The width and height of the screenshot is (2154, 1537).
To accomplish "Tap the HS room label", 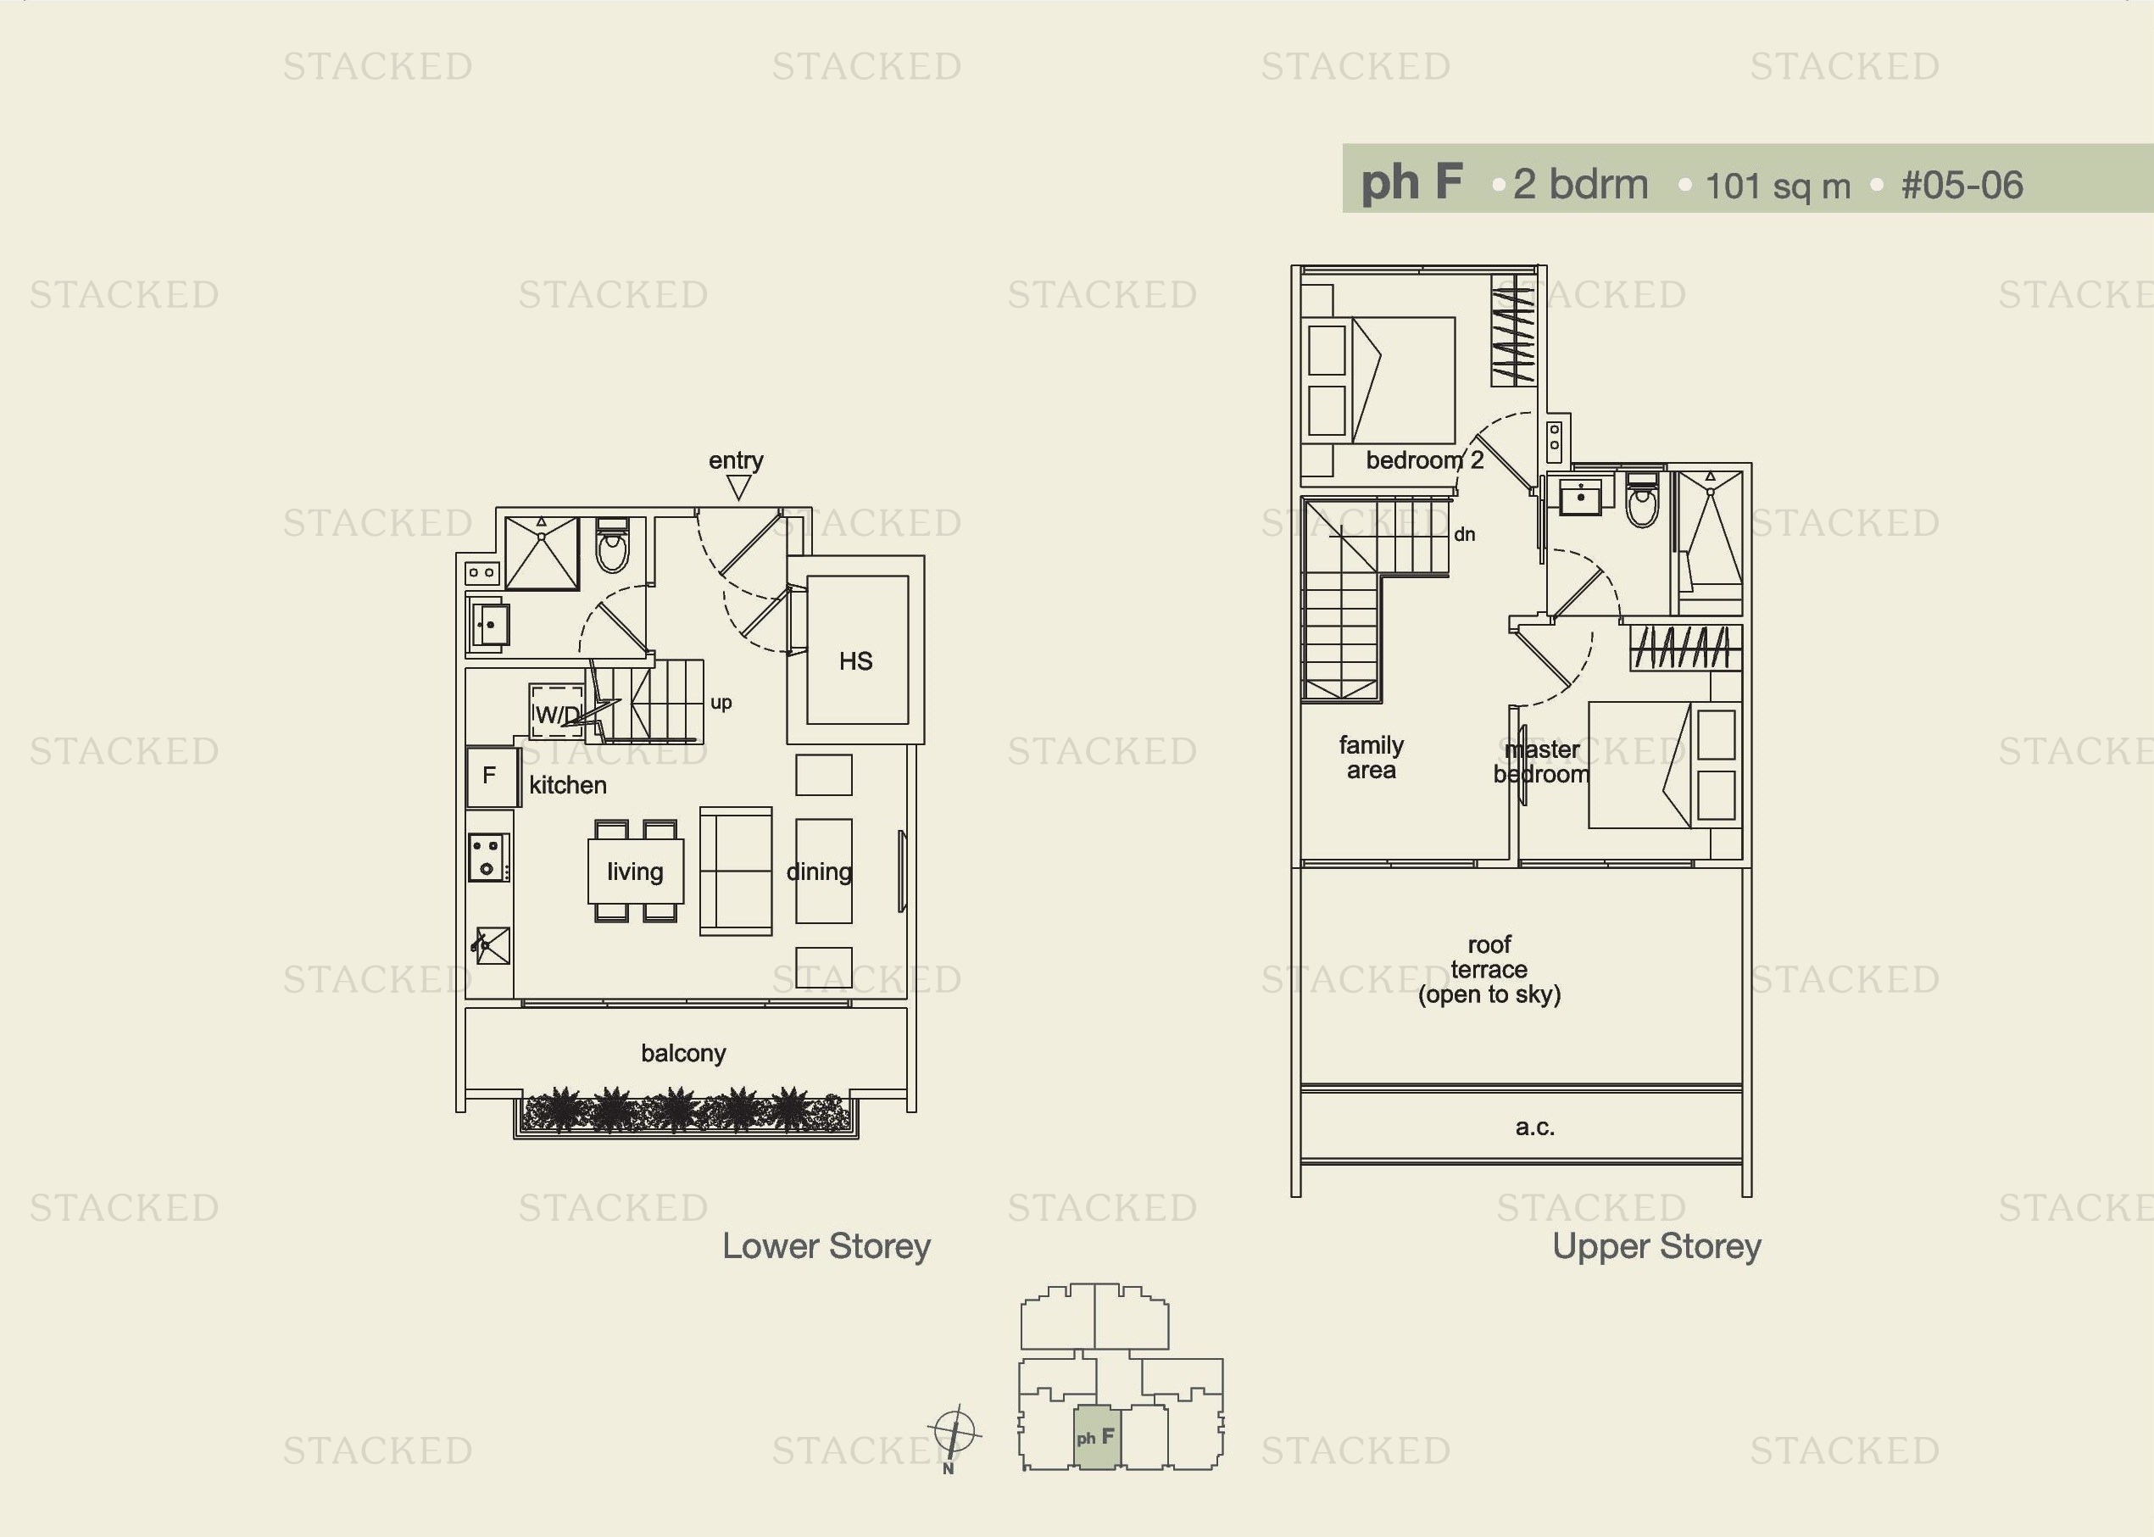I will (x=855, y=661).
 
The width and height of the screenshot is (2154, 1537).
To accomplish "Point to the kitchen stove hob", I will (x=488, y=857).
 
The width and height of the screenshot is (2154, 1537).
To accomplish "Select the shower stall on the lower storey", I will (x=542, y=553).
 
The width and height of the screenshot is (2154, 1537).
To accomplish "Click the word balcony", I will (x=683, y=1054).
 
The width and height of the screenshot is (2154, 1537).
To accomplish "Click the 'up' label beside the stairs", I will (x=721, y=703).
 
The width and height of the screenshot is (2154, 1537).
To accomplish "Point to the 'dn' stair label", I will (x=1464, y=535).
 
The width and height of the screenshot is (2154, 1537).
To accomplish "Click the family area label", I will (x=1372, y=758).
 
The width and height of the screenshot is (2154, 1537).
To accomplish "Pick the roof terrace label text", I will (x=1489, y=969).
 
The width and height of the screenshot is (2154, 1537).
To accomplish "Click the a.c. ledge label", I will (x=1534, y=1128).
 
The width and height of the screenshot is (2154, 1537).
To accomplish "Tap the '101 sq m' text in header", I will (x=1778, y=187).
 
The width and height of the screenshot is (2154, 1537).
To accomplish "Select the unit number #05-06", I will (x=1962, y=186).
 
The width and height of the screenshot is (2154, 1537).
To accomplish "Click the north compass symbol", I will (x=954, y=1432).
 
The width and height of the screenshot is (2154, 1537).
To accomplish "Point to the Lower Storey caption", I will (x=827, y=1246).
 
